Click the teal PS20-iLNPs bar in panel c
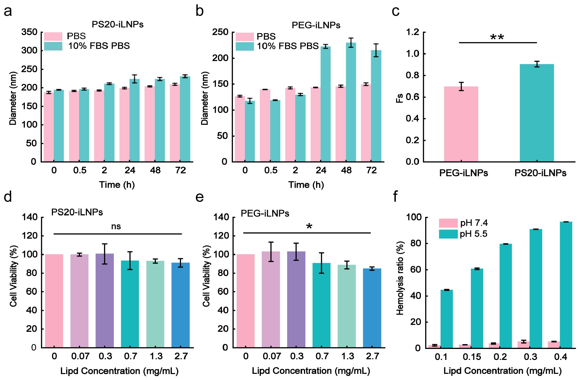[x=537, y=112]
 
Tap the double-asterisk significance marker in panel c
[x=497, y=37]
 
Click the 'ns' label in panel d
[x=116, y=227]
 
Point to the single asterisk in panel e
[x=309, y=227]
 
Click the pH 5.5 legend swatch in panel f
[x=448, y=234]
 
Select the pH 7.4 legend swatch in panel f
[x=448, y=223]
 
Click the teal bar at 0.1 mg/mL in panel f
[x=447, y=319]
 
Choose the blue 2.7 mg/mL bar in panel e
[x=372, y=308]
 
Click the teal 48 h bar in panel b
[x=351, y=102]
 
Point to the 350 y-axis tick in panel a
[x=29, y=32]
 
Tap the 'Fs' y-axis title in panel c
[x=399, y=98]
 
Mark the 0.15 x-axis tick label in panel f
[x=472, y=357]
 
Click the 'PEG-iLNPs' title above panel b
[x=316, y=25]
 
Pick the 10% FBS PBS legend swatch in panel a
[x=53, y=46]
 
